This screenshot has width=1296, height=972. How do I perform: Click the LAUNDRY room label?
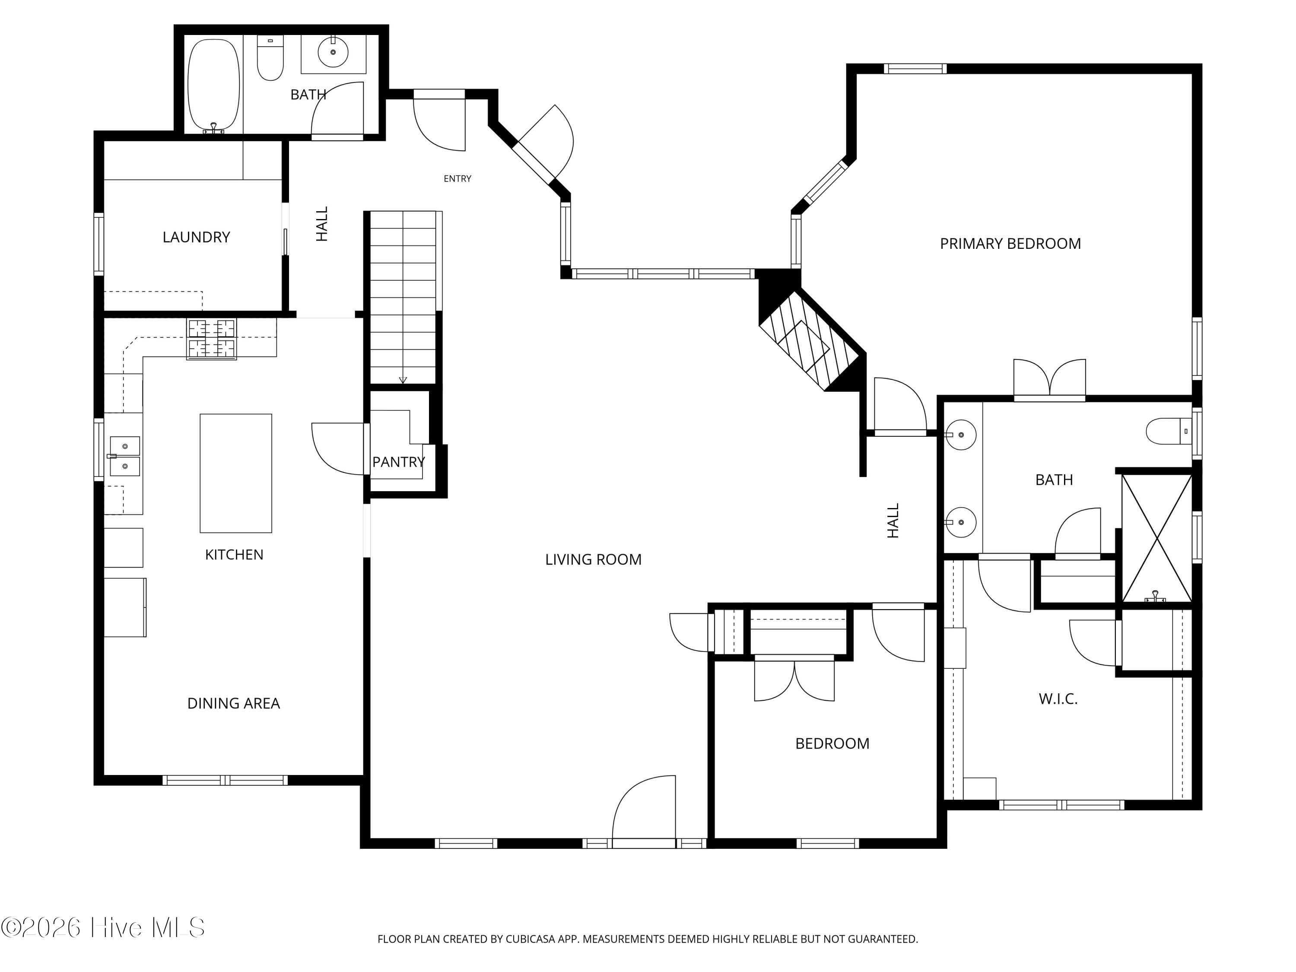tap(196, 237)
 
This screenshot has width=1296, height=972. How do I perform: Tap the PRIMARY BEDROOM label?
tap(1010, 244)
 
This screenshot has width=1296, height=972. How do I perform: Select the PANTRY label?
tap(398, 462)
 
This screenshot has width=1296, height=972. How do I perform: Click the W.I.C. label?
tap(1058, 699)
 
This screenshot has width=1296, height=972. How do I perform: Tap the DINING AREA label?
tap(233, 703)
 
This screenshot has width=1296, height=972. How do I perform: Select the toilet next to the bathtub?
tap(270, 57)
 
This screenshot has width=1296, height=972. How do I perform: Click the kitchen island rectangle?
tap(235, 473)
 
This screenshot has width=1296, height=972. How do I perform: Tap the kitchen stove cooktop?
tap(212, 339)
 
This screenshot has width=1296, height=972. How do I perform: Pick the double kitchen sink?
tap(124, 456)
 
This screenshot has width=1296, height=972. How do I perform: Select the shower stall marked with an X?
tap(1156, 538)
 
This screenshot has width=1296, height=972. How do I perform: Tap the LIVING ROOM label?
tap(593, 559)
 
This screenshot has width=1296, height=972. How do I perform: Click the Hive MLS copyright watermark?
tap(103, 928)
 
